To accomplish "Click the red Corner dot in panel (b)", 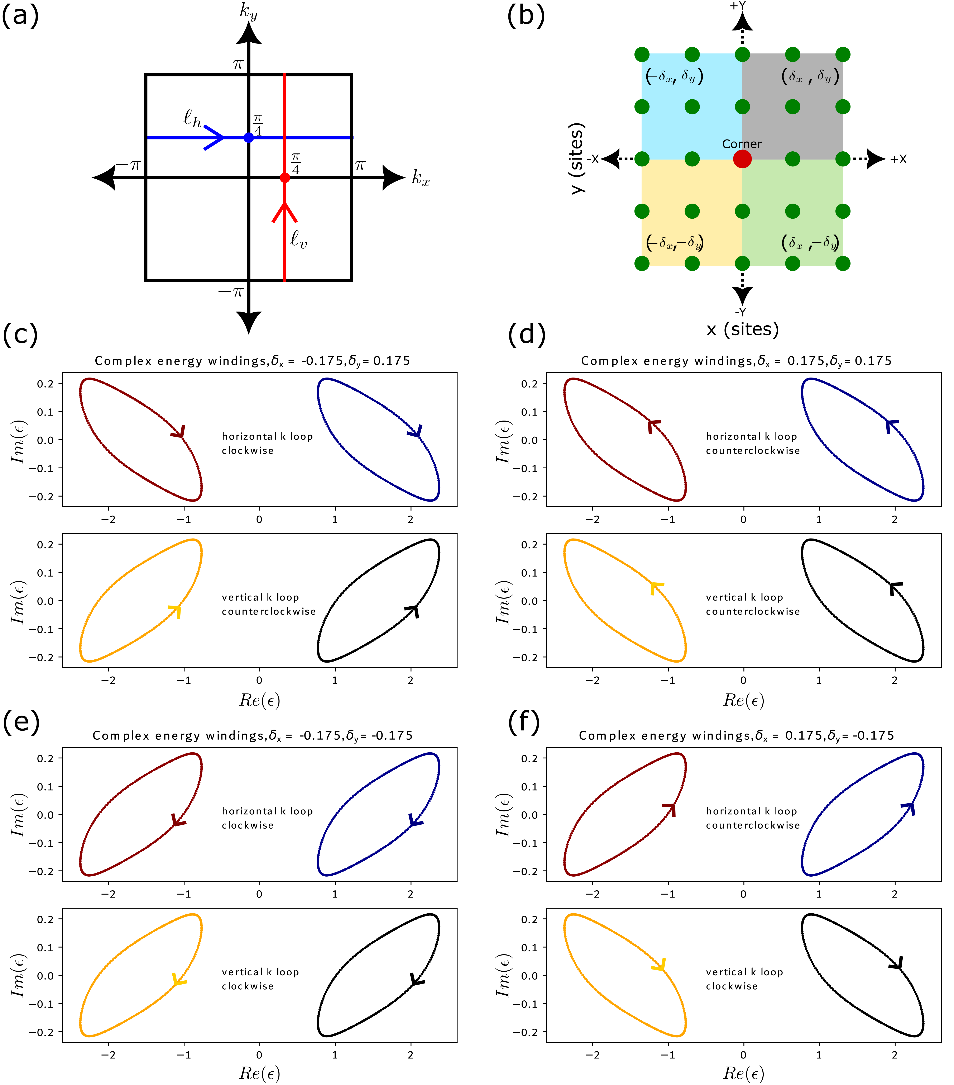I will pyautogui.click(x=742, y=159).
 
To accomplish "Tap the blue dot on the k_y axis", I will pyautogui.click(x=248, y=137).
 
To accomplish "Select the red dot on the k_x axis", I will pyautogui.click(x=285, y=177).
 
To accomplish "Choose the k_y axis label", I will pyautogui.click(x=248, y=11).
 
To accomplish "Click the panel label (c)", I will pyautogui.click(x=20, y=335).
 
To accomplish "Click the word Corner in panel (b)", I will pyautogui.click(x=742, y=144).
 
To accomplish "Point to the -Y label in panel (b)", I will pyautogui.click(x=741, y=312).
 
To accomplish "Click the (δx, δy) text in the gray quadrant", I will pyautogui.click(x=810, y=76).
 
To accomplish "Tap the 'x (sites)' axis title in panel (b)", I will pyautogui.click(x=742, y=329).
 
